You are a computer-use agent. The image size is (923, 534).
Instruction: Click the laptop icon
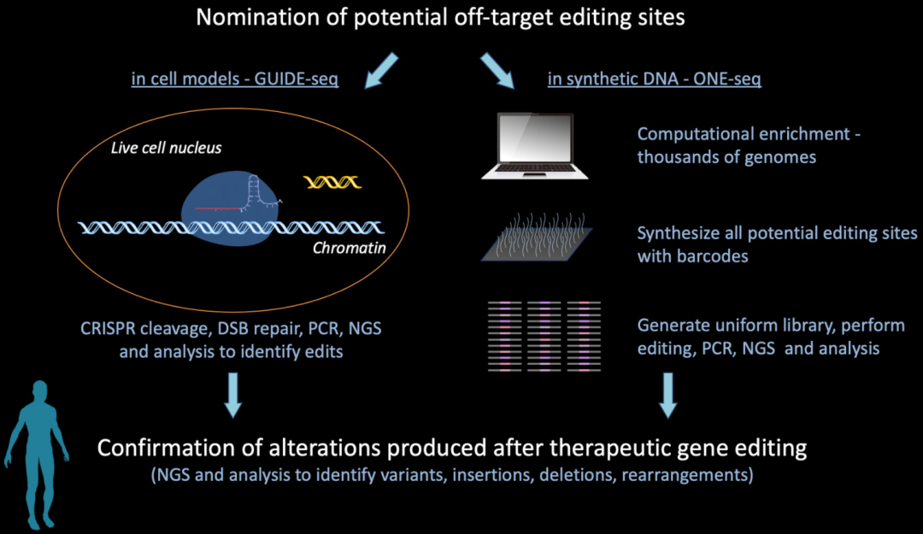(x=534, y=146)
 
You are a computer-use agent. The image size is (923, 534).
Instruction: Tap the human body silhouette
(x=37, y=455)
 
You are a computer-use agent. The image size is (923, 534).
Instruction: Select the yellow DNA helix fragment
(x=332, y=182)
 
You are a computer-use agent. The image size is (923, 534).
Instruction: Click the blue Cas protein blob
(x=230, y=208)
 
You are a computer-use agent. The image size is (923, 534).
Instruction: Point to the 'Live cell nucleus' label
(x=166, y=147)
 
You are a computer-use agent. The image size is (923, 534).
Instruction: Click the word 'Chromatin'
(x=349, y=248)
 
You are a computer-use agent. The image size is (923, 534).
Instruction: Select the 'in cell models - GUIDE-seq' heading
(x=235, y=79)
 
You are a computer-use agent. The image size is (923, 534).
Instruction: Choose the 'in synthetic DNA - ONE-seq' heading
(x=654, y=79)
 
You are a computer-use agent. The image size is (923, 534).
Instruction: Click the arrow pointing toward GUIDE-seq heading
(x=381, y=71)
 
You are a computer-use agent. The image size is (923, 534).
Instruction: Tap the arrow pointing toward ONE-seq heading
(x=497, y=71)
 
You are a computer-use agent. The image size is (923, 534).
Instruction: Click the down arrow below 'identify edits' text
(x=233, y=395)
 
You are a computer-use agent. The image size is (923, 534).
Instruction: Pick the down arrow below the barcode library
(x=667, y=395)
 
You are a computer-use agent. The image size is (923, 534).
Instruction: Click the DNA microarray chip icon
(x=537, y=237)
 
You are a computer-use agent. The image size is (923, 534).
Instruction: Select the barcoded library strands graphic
(x=544, y=336)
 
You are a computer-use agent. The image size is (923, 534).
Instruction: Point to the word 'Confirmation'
(x=173, y=448)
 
